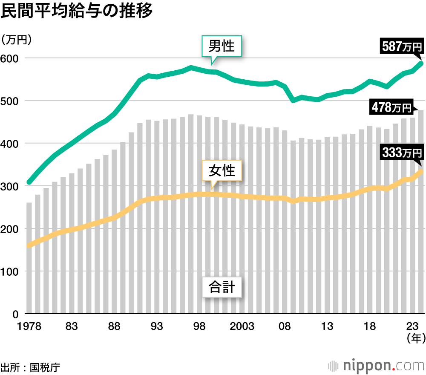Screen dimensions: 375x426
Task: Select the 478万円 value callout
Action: pyautogui.click(x=391, y=107)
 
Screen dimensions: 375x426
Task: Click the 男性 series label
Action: pyautogui.click(x=222, y=46)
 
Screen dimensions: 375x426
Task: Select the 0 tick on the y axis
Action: pyautogui.click(x=15, y=314)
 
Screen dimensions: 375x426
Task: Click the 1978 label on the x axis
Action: pyautogui.click(x=29, y=327)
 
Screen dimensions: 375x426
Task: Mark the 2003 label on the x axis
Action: pyautogui.click(x=242, y=327)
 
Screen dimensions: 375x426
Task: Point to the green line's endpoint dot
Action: pyautogui.click(x=421, y=64)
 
